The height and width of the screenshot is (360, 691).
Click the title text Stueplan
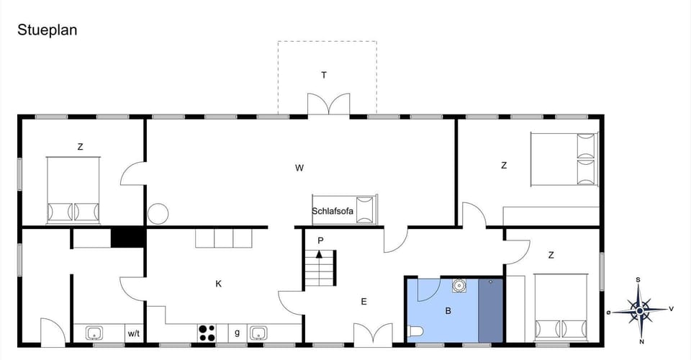(47, 30)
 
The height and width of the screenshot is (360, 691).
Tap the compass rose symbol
(639, 309)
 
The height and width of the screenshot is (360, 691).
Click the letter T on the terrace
(324, 75)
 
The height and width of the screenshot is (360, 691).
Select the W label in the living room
(299, 168)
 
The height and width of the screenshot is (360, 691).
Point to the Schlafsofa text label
(333, 211)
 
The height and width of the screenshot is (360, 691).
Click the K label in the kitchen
(218, 284)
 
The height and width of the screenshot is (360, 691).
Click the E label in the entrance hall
(363, 302)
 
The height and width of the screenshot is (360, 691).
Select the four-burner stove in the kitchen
(207, 333)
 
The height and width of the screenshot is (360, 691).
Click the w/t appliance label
(133, 333)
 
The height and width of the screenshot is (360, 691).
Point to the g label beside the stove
(237, 332)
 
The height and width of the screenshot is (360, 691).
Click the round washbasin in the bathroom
(459, 286)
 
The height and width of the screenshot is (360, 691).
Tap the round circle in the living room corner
(158, 214)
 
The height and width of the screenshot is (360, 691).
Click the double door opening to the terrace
(328, 105)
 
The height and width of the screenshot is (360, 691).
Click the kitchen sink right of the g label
(258, 333)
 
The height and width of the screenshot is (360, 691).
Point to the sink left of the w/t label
(94, 333)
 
